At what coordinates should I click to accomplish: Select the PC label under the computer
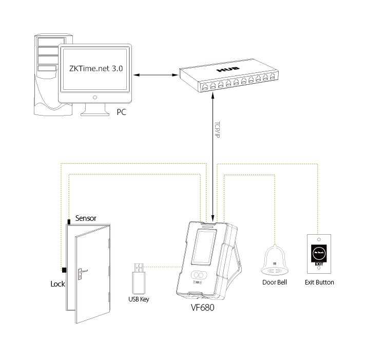click(121, 111)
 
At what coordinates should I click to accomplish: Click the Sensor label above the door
click(86, 218)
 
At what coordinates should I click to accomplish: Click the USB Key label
click(139, 299)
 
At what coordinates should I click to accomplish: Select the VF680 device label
click(202, 309)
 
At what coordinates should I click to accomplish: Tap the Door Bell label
click(275, 282)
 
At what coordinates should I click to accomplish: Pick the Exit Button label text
click(319, 282)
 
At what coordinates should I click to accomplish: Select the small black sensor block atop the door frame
click(68, 221)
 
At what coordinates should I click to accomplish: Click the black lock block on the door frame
click(64, 270)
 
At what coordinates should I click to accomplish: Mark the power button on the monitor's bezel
click(95, 97)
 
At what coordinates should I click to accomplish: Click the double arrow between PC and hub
click(155, 75)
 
